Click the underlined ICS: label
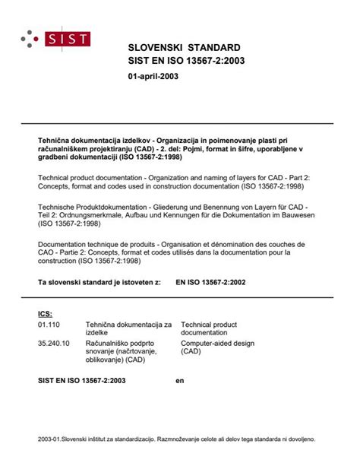(45, 312)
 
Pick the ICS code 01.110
(49, 323)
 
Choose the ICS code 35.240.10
(52, 342)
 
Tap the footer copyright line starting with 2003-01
(180, 439)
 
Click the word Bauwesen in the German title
(307, 217)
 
